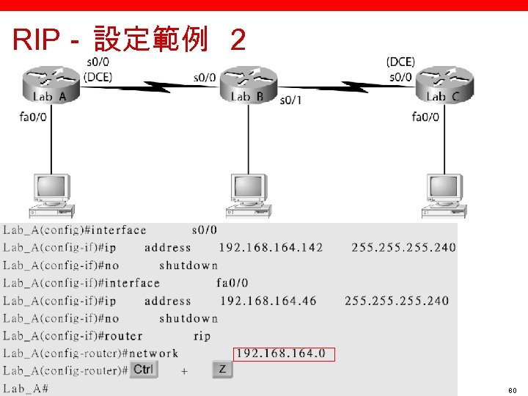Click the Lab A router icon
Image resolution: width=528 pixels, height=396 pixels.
[50, 84]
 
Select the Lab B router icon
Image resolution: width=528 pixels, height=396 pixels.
[249, 84]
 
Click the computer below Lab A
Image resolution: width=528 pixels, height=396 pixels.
[50, 194]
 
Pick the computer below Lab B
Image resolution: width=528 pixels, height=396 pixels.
[249, 194]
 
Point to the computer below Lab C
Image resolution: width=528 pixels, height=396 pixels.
[444, 194]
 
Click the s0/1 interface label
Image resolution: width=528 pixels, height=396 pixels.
[290, 100]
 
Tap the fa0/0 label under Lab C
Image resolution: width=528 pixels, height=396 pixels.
[425, 116]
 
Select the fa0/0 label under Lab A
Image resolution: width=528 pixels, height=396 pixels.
[34, 116]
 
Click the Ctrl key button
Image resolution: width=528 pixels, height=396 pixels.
[144, 369]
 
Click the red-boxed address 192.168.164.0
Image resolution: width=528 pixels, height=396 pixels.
[284, 354]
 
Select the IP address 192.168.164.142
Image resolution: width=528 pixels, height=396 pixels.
[271, 248]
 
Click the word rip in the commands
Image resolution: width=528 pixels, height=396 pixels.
[202, 336]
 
